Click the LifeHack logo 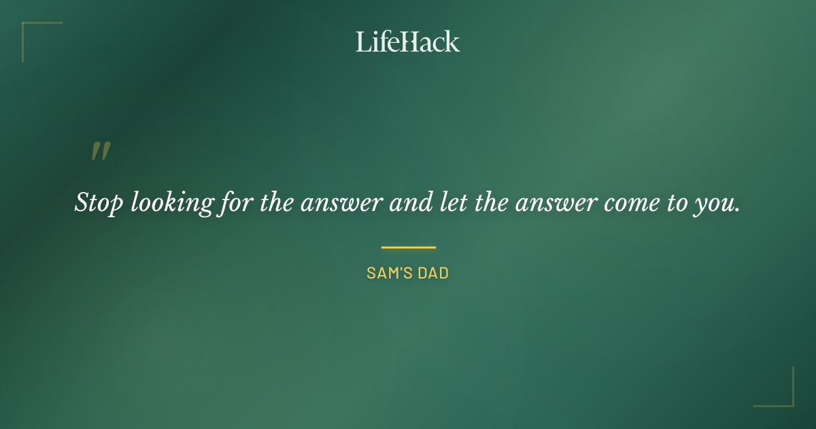408,42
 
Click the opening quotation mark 100,152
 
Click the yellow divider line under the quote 408,247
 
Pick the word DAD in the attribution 434,273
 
